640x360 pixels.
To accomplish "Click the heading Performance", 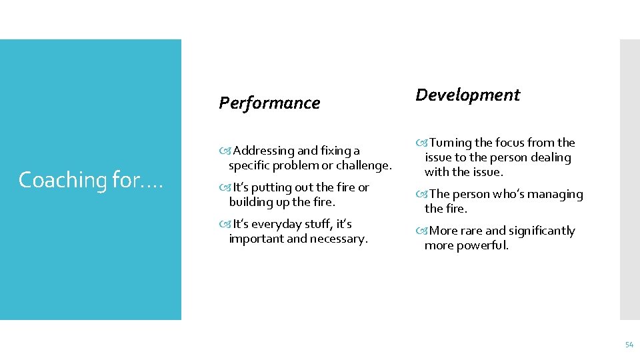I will tap(269, 103).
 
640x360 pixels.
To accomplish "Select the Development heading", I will tap(467, 95).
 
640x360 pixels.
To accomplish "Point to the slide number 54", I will tap(629, 345).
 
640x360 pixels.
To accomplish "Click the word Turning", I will tap(451, 143).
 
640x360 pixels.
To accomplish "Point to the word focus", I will tap(514, 143).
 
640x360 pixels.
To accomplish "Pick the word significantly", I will tap(542, 231).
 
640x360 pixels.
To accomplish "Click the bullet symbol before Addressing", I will tap(224, 151).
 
